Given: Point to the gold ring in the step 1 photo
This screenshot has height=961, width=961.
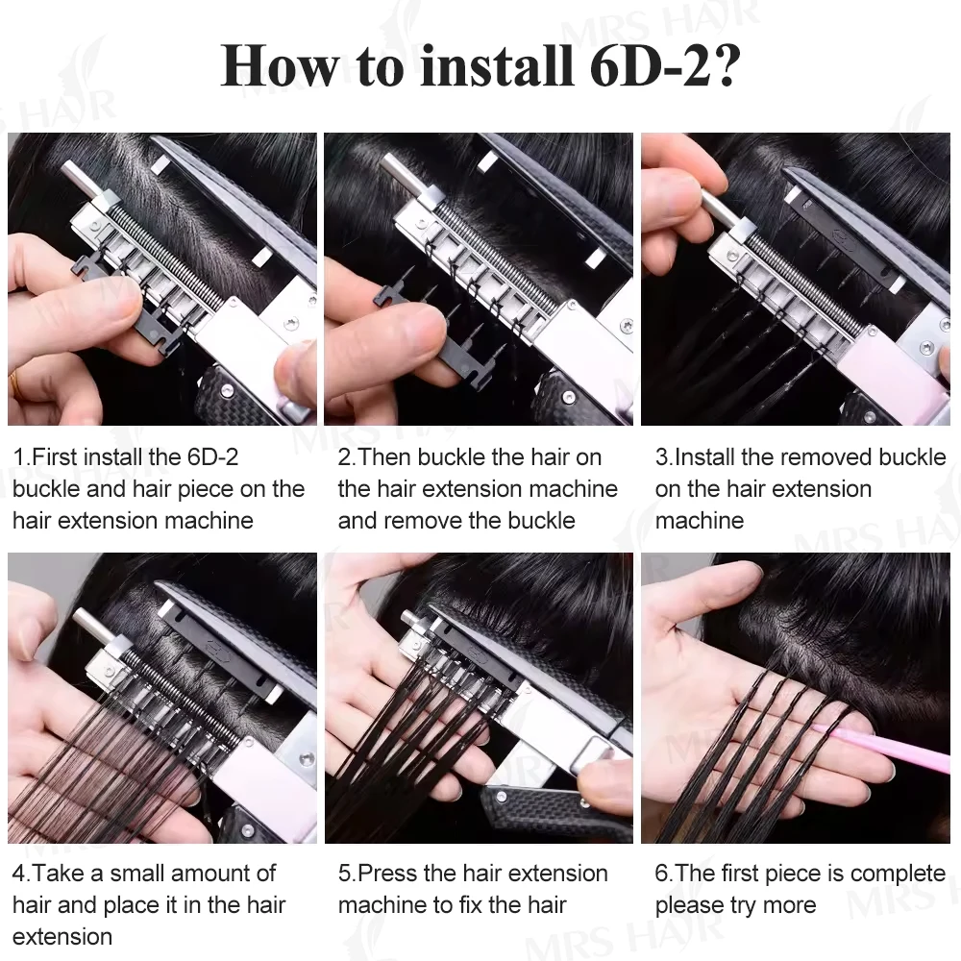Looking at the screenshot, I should [13, 382].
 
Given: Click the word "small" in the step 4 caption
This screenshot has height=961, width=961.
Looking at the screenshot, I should [141, 874].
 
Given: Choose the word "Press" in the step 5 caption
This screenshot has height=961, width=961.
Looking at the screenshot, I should [387, 874].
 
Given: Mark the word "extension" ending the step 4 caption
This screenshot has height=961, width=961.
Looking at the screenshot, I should [62, 936].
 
